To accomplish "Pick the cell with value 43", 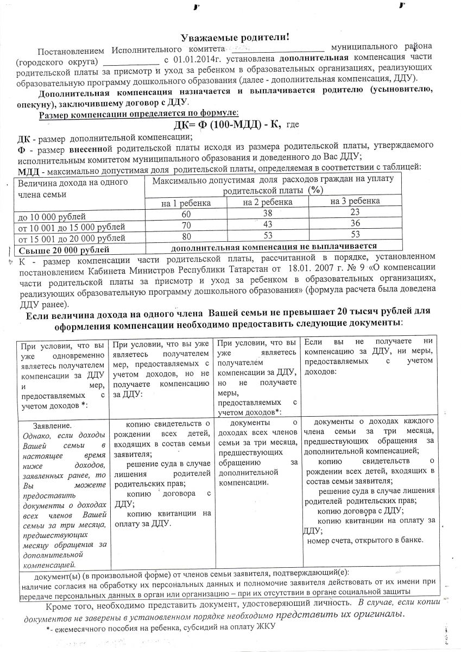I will click(x=268, y=225).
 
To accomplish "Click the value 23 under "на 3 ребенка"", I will click(x=355, y=214).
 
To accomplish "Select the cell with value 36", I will click(x=355, y=225).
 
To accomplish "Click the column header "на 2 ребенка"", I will click(x=268, y=202).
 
